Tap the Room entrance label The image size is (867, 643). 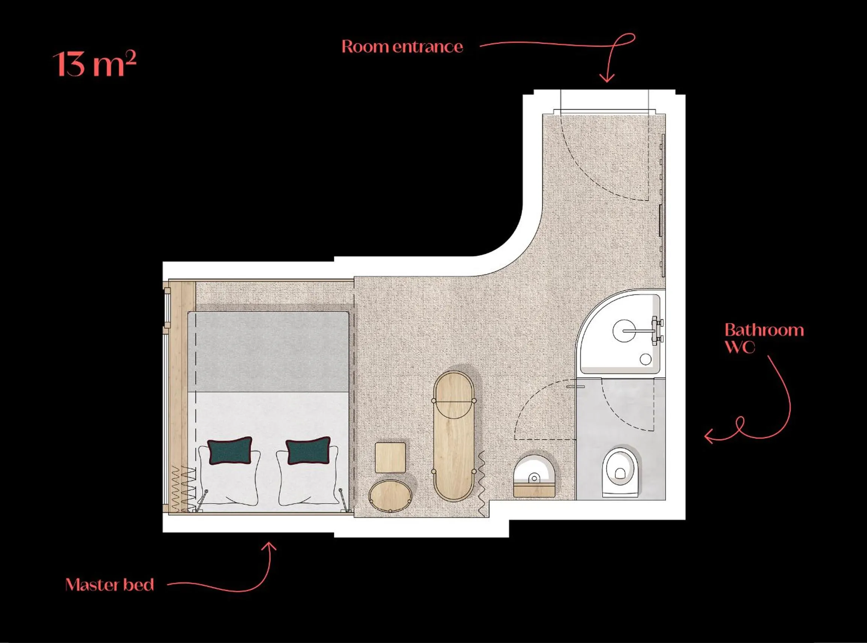tap(402, 47)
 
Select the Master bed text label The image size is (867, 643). tap(109, 585)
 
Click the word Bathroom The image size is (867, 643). tap(764, 330)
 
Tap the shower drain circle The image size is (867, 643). tap(646, 359)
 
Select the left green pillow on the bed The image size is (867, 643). tap(230, 450)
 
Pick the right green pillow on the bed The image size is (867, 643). tap(308, 450)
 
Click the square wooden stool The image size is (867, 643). tap(390, 457)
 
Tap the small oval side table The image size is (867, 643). tap(390, 496)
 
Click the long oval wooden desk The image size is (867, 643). tap(454, 436)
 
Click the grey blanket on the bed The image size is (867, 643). tap(268, 352)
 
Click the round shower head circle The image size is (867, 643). tap(624, 331)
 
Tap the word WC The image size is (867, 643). tap(740, 346)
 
